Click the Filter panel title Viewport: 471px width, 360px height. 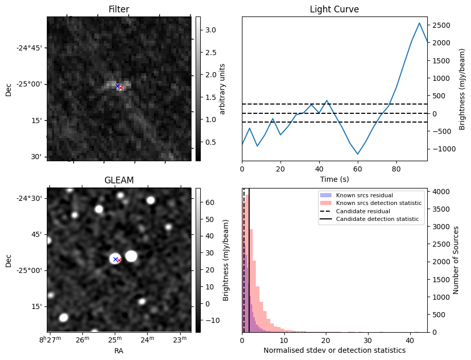pos(119,9)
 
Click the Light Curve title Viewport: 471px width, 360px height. pos(334,9)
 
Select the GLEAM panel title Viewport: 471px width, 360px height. pos(119,180)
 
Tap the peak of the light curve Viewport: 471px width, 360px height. pos(420,23)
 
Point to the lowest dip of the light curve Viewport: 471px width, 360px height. pos(358,154)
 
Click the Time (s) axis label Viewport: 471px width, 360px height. pos(334,178)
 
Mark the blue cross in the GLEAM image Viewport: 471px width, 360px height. pos(115,259)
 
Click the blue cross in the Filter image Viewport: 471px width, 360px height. pos(117,86)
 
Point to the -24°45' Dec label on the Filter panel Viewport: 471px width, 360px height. pos(29,48)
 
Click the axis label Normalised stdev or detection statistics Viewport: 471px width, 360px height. pos(334,350)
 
